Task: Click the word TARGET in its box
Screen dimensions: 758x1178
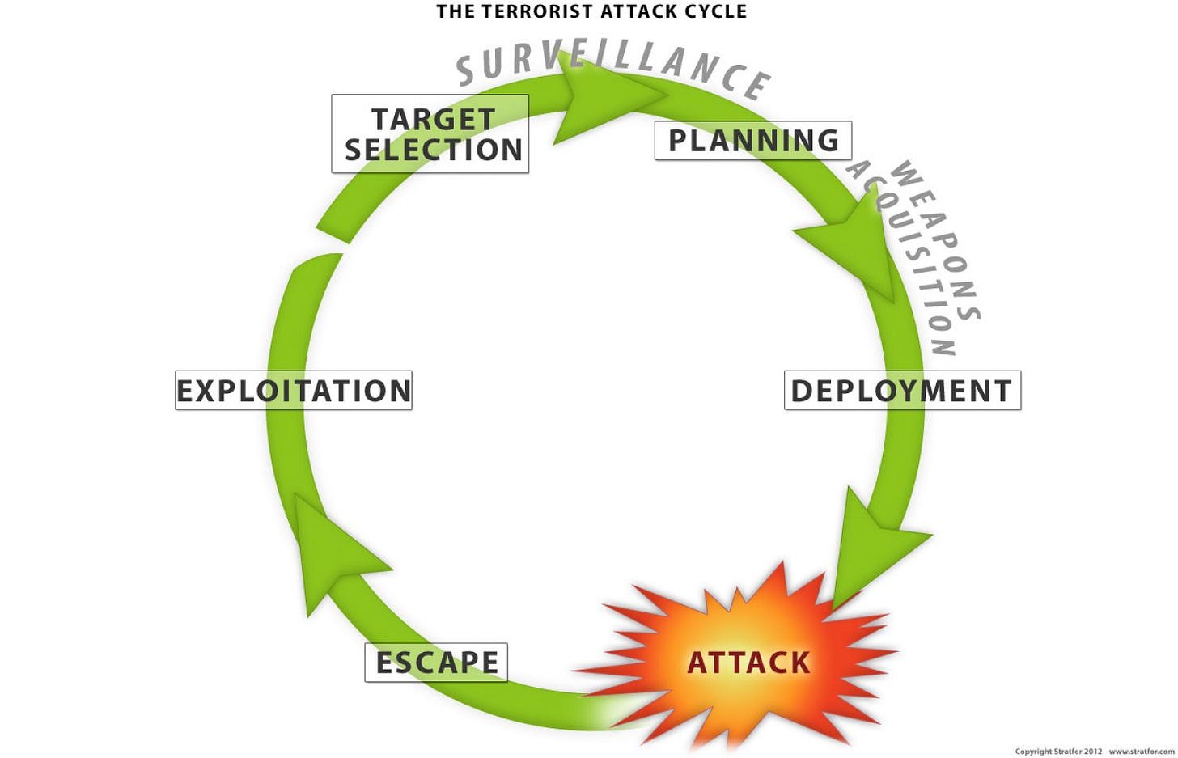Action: click(x=433, y=119)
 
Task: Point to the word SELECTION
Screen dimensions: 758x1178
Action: click(x=434, y=150)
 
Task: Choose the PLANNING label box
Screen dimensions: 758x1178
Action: click(x=752, y=141)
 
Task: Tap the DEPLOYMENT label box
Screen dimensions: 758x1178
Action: click(x=902, y=391)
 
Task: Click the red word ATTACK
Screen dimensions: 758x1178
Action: click(x=748, y=663)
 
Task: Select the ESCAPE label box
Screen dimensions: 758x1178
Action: click(x=436, y=663)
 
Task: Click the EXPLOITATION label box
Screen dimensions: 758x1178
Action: click(x=294, y=391)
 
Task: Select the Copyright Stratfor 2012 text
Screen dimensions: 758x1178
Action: click(x=1058, y=752)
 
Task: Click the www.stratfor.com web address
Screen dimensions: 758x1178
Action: click(x=1141, y=752)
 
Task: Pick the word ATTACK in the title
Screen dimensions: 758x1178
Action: click(x=632, y=11)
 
